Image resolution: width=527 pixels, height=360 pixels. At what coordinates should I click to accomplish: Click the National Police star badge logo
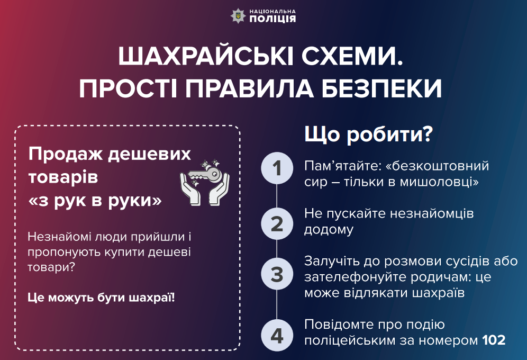click(238, 15)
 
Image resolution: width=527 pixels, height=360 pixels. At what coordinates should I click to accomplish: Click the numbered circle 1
click(277, 169)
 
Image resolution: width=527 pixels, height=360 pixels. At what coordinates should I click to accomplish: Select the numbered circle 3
click(277, 274)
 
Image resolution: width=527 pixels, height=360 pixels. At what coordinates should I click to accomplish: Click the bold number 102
click(494, 339)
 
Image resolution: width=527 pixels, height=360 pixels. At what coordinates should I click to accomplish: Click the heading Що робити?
click(368, 135)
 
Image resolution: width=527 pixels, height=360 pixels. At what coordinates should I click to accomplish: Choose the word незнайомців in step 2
click(437, 213)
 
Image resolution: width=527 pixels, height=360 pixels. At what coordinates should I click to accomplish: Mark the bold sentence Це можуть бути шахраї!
click(101, 297)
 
